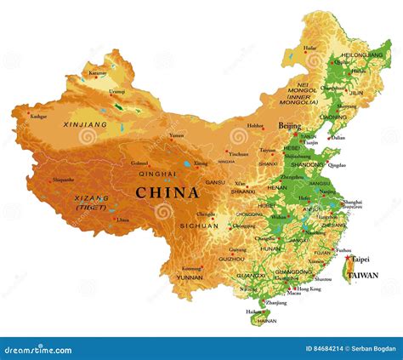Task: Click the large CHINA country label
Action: click(167, 192)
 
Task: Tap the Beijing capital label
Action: click(289, 126)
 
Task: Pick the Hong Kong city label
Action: click(309, 289)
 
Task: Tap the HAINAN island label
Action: click(266, 321)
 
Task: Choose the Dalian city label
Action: click(338, 137)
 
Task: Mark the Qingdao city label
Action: click(337, 165)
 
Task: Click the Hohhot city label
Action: click(254, 126)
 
